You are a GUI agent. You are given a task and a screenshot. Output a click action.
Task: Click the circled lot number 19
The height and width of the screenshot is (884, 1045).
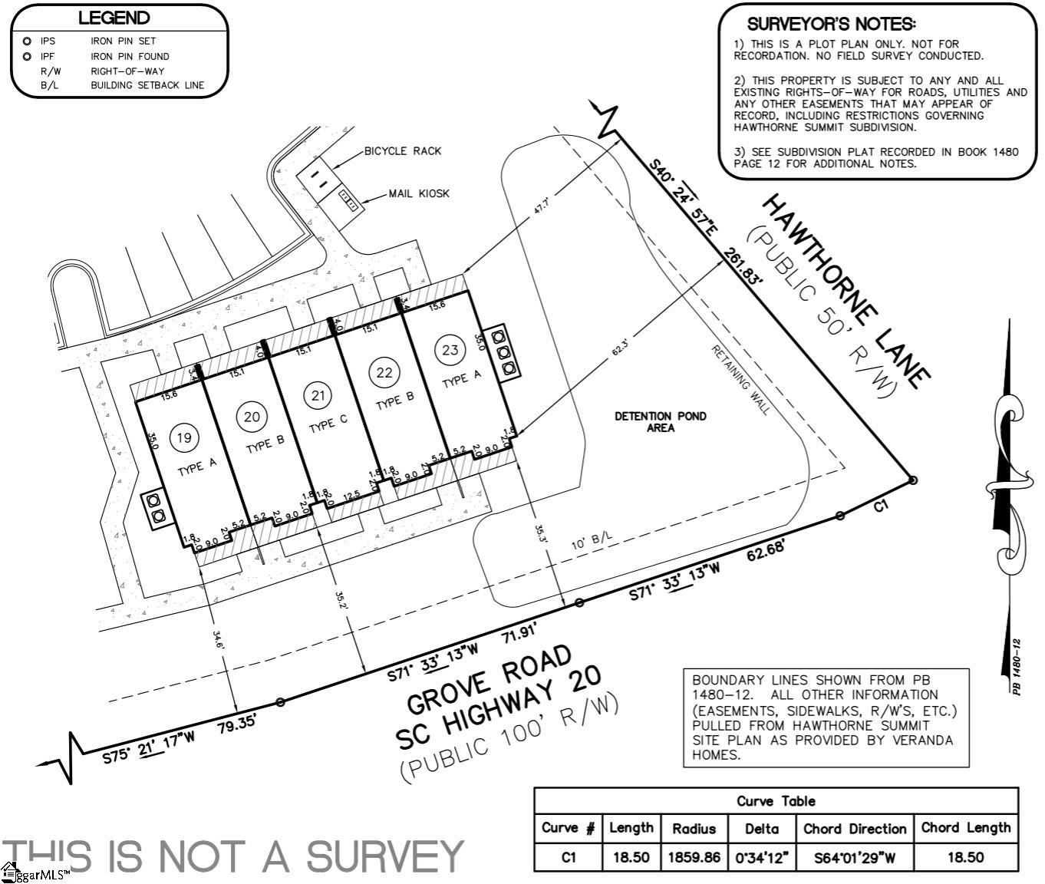[x=183, y=438]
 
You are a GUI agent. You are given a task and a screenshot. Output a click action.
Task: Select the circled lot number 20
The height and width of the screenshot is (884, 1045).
[x=252, y=417]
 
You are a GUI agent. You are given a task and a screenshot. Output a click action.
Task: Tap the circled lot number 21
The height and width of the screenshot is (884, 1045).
[x=317, y=396]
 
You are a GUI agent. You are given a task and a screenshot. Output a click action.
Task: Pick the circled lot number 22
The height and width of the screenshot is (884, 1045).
[x=384, y=373]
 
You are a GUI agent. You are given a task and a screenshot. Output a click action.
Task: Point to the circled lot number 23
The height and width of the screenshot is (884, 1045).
[x=450, y=350]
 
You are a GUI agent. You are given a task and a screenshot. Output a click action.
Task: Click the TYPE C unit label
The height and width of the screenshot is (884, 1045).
[x=328, y=422]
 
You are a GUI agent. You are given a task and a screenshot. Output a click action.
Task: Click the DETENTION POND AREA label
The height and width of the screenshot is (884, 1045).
[x=660, y=421]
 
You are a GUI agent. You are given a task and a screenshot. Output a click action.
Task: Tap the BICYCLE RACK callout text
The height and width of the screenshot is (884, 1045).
[x=403, y=151]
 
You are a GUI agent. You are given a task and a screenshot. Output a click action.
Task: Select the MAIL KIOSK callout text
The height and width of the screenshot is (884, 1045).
[x=419, y=193]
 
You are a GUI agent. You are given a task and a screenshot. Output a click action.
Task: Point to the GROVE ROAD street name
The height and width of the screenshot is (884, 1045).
[x=489, y=679]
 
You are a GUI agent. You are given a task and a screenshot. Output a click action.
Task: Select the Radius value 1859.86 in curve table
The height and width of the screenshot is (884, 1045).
[x=694, y=857]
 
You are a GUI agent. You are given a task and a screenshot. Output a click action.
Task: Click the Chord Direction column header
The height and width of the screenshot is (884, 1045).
[x=855, y=829]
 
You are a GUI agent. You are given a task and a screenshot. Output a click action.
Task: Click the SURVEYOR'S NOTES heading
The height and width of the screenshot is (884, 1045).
[x=831, y=25]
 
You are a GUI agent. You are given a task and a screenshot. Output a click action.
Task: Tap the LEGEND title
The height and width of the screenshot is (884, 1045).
[x=114, y=18]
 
